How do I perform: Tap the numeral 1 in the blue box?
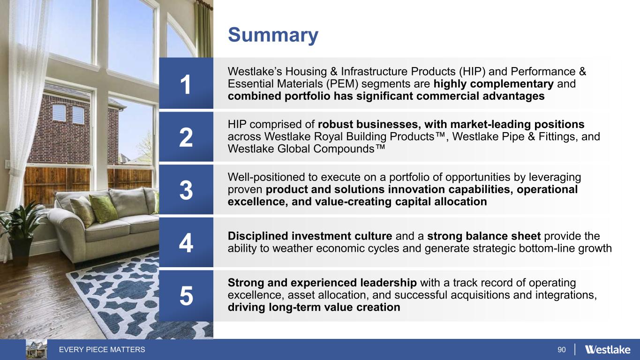click(x=186, y=84)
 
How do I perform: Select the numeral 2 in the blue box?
click(x=186, y=137)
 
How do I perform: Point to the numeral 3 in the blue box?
click(x=186, y=190)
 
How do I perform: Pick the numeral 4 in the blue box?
click(x=186, y=243)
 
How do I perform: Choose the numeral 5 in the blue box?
click(x=186, y=296)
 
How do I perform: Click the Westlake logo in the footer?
click(x=608, y=349)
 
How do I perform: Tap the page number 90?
click(x=561, y=350)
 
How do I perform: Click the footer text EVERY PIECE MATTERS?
click(x=102, y=349)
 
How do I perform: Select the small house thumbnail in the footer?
click(x=37, y=349)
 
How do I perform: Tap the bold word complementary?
click(x=512, y=84)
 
